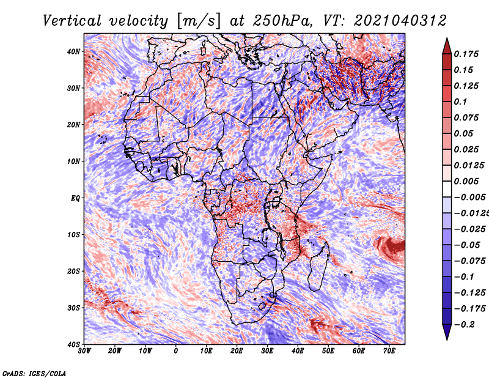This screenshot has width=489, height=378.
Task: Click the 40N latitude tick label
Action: click(x=73, y=51)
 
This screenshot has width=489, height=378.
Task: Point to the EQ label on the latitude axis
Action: click(x=75, y=198)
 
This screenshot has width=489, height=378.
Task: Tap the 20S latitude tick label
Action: click(x=73, y=271)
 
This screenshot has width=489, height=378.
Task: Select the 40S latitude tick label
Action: click(x=73, y=344)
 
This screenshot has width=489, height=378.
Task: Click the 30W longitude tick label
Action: click(x=84, y=351)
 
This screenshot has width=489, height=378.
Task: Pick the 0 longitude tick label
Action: click(x=175, y=351)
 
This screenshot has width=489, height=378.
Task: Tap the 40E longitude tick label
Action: click(x=298, y=351)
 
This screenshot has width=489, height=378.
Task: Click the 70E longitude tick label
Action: click(x=389, y=351)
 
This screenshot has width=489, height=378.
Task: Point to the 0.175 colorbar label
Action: click(x=466, y=54)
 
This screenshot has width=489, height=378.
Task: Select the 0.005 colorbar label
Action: click(x=466, y=181)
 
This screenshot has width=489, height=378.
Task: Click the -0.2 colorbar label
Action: click(x=465, y=324)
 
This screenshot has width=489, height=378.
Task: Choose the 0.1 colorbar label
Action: click(x=461, y=102)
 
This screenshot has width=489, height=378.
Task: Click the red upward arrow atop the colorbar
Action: click(x=447, y=47)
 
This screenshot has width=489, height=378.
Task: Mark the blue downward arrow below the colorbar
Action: click(x=447, y=332)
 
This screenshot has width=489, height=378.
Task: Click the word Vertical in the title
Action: click(x=72, y=21)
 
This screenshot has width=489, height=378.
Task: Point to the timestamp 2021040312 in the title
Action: click(x=400, y=21)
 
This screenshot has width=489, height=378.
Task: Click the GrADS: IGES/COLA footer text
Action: click(x=34, y=374)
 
